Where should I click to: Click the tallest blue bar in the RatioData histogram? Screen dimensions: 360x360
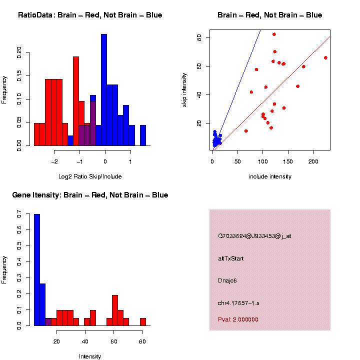pyautogui.click(x=104, y=90)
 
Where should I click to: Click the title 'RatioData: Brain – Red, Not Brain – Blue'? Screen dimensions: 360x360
pyautogui.click(x=90, y=15)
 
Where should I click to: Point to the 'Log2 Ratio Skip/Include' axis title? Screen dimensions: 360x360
pyautogui.click(x=90, y=176)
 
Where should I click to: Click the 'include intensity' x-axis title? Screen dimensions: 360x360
pyautogui.click(x=269, y=176)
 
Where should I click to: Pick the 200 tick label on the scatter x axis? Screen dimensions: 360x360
pyautogui.click(x=313, y=161)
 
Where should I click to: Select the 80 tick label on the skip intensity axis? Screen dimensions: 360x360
pyautogui.click(x=199, y=37)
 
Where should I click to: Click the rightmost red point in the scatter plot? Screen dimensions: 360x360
pyautogui.click(x=325, y=57)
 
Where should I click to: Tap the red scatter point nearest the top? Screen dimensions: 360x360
pyautogui.click(x=274, y=34)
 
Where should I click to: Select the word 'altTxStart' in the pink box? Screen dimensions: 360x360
pyautogui.click(x=231, y=258)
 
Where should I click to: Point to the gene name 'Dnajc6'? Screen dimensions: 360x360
pyautogui.click(x=227, y=280)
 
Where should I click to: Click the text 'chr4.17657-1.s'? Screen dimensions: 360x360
pyautogui.click(x=238, y=303)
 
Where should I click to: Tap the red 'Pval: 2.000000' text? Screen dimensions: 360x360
pyautogui.click(x=238, y=319)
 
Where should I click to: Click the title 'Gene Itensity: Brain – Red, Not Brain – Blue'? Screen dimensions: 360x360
pyautogui.click(x=90, y=195)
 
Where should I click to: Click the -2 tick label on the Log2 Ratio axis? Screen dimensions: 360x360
pyautogui.click(x=54, y=161)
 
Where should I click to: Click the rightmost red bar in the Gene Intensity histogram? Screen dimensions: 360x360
pyautogui.click(x=143, y=322)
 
